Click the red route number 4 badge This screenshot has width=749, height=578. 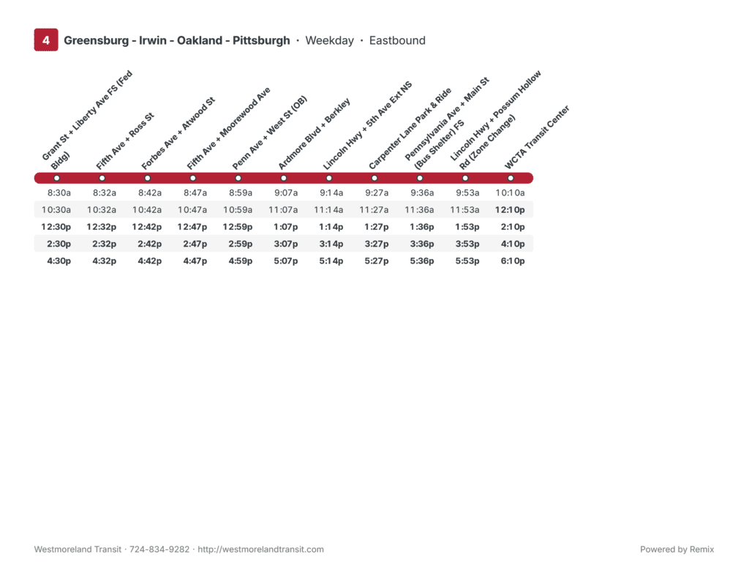click(x=46, y=40)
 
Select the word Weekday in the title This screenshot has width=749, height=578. click(x=330, y=40)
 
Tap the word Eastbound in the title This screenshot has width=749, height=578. click(x=397, y=40)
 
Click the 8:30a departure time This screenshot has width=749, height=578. click(x=59, y=193)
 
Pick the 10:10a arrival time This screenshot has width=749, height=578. click(x=510, y=193)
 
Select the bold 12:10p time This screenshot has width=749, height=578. click(x=510, y=210)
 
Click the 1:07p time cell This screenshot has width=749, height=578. click(x=286, y=227)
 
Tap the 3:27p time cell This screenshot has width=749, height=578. click(x=377, y=244)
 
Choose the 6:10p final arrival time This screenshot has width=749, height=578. click(x=513, y=260)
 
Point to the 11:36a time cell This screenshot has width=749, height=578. click(x=419, y=210)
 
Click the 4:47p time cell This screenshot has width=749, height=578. click(x=195, y=260)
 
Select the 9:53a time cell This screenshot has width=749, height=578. click(x=467, y=193)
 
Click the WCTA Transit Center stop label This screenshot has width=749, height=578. click(x=537, y=138)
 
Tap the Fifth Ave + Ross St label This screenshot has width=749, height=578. click(x=124, y=141)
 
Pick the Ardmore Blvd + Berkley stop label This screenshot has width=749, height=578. click(x=314, y=134)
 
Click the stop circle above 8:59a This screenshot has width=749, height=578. click(x=238, y=179)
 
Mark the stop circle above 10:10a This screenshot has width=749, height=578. click(x=510, y=179)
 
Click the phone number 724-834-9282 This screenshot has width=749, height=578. click(x=159, y=549)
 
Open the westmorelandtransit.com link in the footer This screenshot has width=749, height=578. click(x=261, y=549)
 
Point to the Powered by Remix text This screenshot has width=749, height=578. click(x=677, y=549)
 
